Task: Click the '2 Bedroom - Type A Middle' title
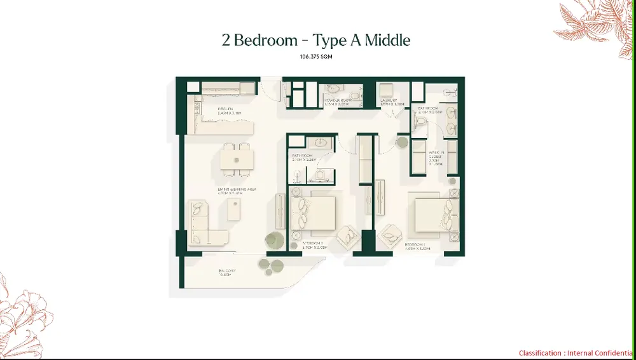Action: pos(316,40)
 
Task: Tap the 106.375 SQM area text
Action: pos(316,57)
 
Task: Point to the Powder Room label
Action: pos(337,100)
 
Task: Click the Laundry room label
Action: pos(389,100)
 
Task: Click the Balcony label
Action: pos(228,273)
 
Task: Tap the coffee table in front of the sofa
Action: pos(235,209)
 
